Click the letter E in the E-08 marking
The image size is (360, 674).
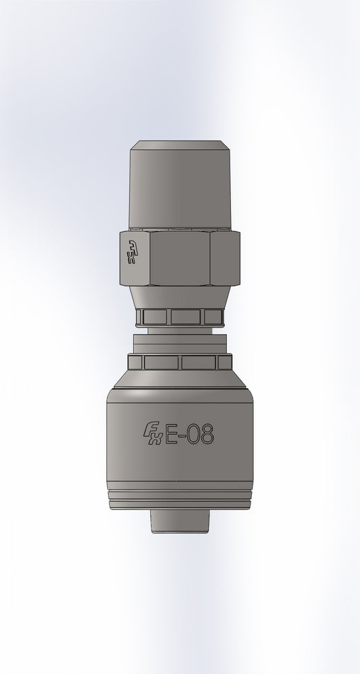coord(172,436)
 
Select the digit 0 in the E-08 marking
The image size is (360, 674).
coord(192,436)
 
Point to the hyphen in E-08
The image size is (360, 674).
coord(182,437)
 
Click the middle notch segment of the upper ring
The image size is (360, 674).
coord(187,317)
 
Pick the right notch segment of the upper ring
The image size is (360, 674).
coord(213,317)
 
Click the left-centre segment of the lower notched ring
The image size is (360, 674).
coord(161,361)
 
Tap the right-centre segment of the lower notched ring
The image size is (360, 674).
coord(199,361)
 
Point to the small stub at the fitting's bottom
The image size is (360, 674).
coord(180,520)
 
